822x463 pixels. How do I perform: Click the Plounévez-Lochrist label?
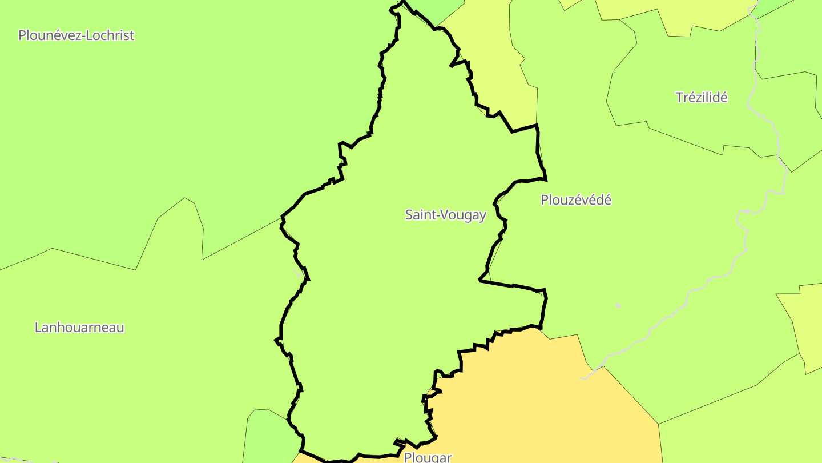(x=76, y=35)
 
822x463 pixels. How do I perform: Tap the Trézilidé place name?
(x=702, y=98)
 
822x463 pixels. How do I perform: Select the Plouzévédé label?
(x=575, y=200)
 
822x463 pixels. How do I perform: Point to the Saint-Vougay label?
(x=445, y=215)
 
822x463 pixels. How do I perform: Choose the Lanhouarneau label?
(x=79, y=328)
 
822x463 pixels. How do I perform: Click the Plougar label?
(x=428, y=457)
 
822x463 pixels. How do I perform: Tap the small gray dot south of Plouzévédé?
(x=618, y=306)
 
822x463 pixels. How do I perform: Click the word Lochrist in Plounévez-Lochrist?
(x=111, y=35)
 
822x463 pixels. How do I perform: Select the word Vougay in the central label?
(x=463, y=215)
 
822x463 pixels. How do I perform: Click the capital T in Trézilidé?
(x=679, y=98)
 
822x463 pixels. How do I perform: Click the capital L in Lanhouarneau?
(x=38, y=328)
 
